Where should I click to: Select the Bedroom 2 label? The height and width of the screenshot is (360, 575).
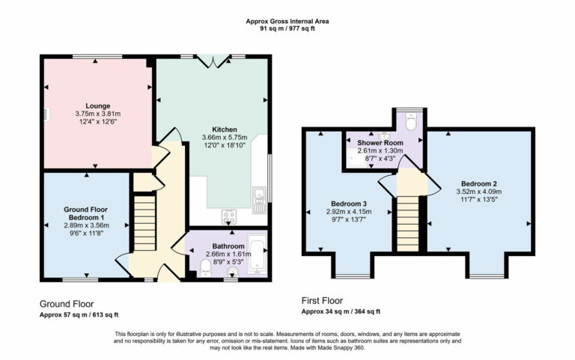click(479, 183)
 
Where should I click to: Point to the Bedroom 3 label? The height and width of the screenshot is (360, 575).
click(350, 204)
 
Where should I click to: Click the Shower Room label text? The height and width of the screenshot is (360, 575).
click(380, 142)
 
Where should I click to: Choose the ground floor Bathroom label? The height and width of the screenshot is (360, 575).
click(228, 245)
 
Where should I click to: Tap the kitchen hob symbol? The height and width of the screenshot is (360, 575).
click(229, 217)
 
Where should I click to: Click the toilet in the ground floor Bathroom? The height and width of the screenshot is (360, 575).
click(206, 266)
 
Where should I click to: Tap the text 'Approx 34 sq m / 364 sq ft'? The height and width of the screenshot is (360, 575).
click(341, 311)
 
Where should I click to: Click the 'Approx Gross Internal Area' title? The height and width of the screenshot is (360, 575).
click(288, 21)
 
